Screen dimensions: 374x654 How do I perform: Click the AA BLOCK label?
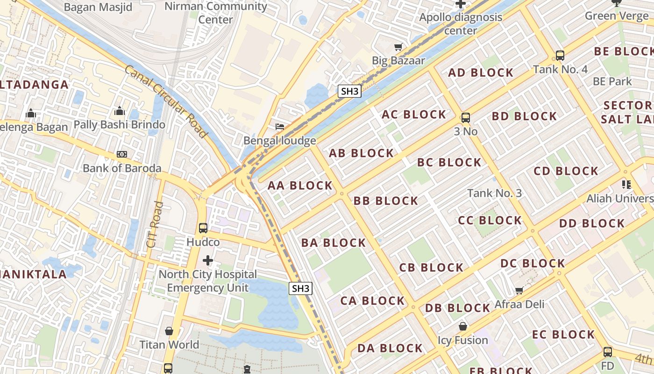[x=300, y=186]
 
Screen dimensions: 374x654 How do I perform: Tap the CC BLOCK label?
[x=490, y=220]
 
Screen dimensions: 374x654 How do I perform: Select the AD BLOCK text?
[x=481, y=72]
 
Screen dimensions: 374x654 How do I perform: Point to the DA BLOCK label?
[x=390, y=348]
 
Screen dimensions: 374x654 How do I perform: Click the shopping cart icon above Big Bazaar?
[x=398, y=47]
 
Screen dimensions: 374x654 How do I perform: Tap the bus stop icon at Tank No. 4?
[x=560, y=55]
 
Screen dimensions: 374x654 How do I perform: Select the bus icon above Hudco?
[x=203, y=228]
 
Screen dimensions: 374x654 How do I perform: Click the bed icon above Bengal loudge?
[x=279, y=127]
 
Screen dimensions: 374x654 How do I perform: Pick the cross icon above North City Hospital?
[x=208, y=260]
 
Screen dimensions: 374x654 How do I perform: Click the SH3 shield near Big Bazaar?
[x=350, y=91]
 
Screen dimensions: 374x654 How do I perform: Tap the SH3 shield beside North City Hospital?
[x=300, y=288]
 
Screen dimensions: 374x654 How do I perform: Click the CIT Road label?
[x=154, y=224]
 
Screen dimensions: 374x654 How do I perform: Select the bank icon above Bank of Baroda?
[x=122, y=154]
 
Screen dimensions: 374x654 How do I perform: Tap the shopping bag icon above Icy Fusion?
[x=462, y=326]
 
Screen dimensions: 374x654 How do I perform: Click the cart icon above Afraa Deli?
[x=519, y=290]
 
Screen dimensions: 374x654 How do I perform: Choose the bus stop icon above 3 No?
[x=466, y=117]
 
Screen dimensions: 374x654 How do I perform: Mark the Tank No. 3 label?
[x=494, y=193]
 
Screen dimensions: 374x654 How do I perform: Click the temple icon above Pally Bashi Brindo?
[x=120, y=111]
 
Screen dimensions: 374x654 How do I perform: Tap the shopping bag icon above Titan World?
[x=169, y=331]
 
